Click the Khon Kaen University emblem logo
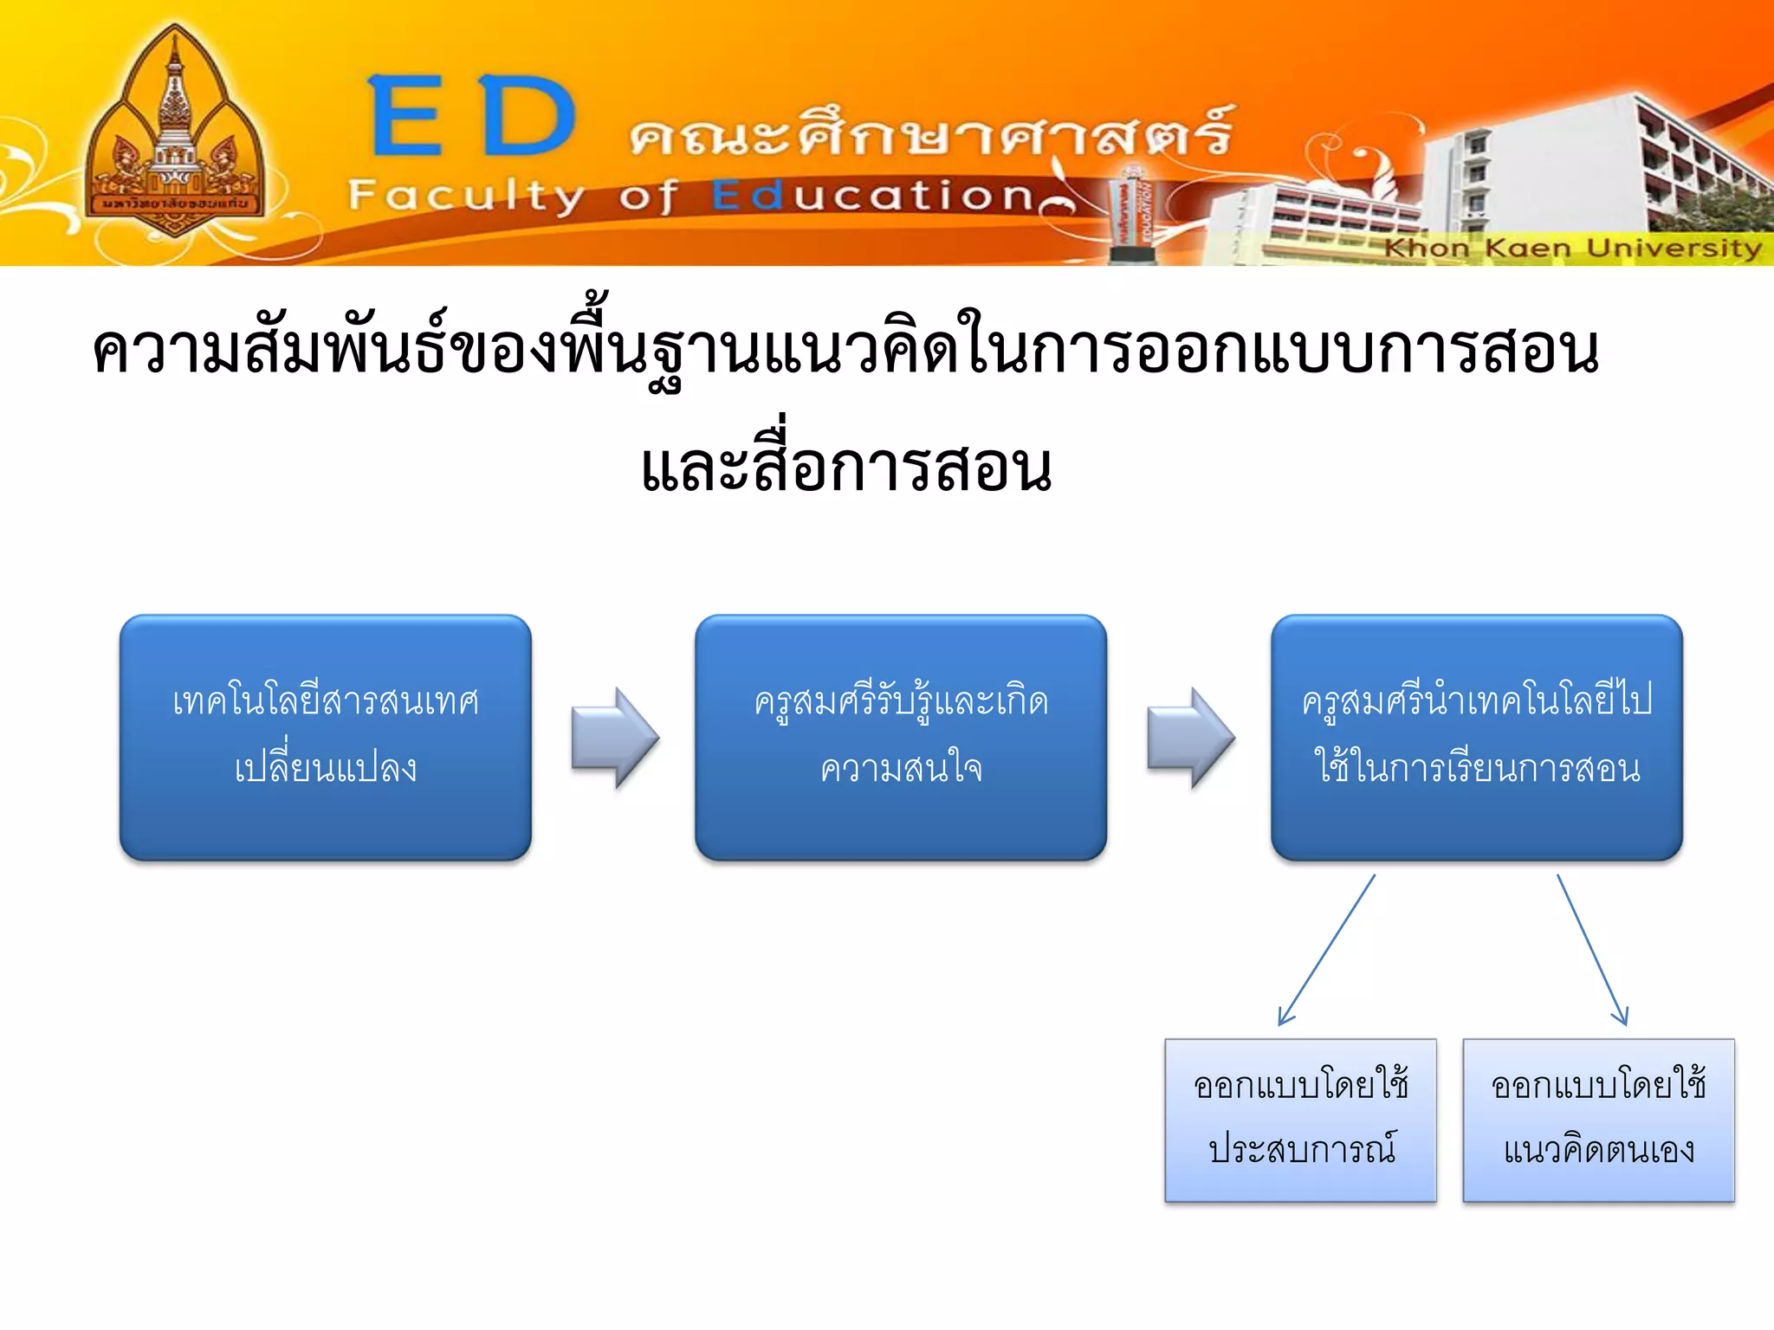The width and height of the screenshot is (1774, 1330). (x=174, y=134)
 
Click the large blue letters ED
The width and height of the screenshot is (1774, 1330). (x=472, y=117)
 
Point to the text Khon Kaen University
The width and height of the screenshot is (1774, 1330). (x=1572, y=249)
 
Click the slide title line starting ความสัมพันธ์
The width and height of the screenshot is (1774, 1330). (x=845, y=351)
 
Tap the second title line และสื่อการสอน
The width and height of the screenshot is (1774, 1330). (x=846, y=468)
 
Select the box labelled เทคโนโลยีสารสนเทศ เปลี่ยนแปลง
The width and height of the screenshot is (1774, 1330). (x=326, y=737)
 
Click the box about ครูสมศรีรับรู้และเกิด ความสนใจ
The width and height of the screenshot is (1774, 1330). (x=901, y=737)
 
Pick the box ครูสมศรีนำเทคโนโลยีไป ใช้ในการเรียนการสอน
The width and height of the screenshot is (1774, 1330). (x=1477, y=737)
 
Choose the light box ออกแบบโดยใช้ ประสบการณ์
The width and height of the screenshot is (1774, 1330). (x=1300, y=1120)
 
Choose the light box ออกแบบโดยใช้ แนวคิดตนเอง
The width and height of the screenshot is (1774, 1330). (x=1598, y=1120)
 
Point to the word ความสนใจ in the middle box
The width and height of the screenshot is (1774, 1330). (x=901, y=769)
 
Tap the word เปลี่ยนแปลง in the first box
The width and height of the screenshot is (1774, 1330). (x=326, y=767)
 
